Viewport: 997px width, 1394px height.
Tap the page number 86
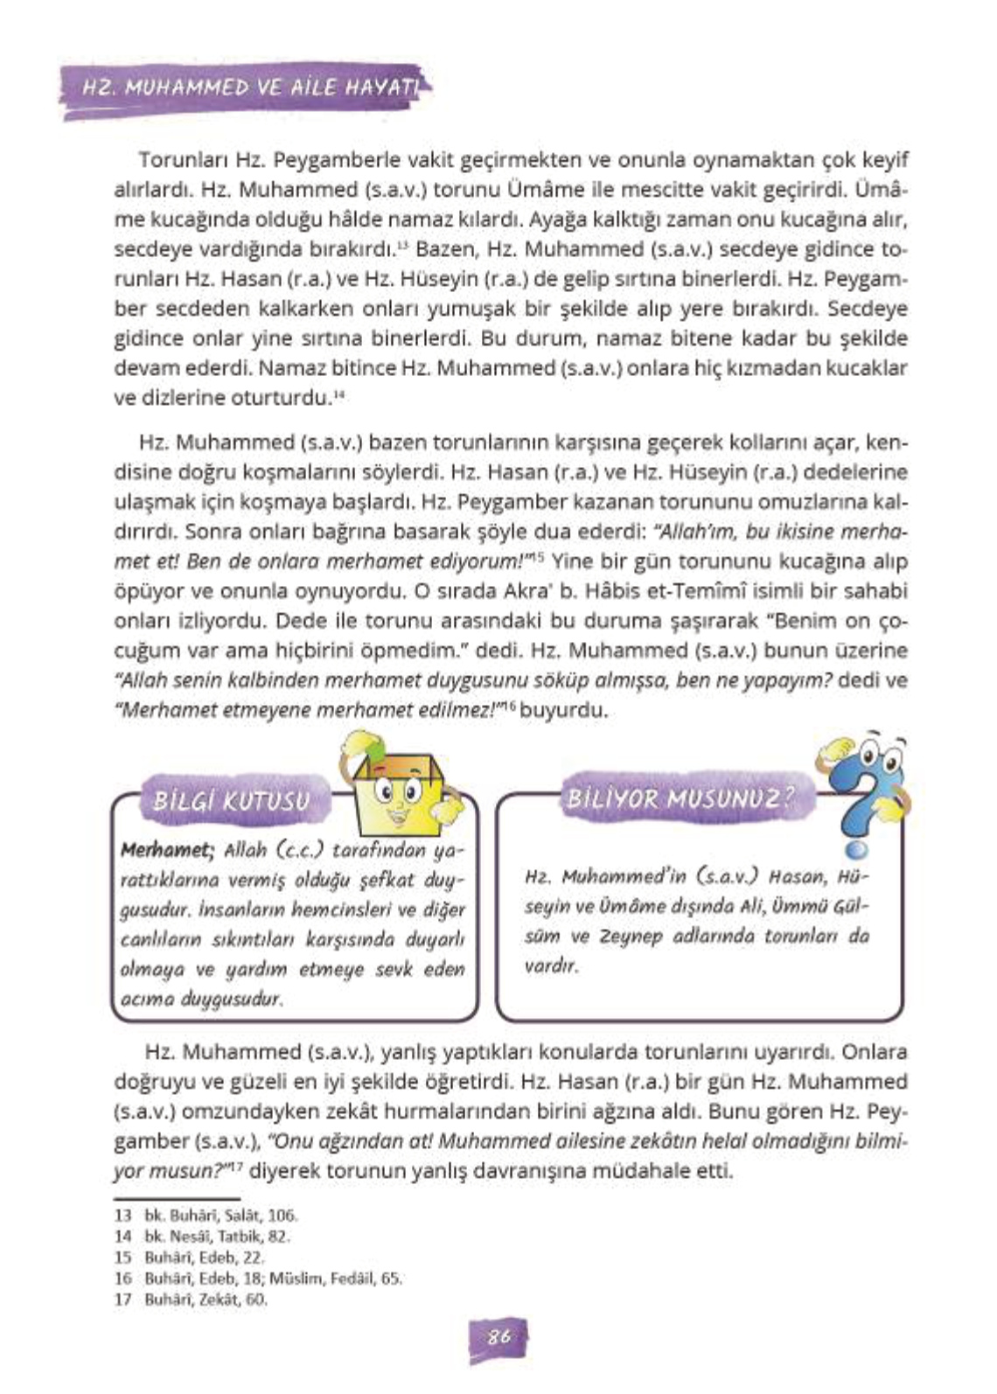point(499,1337)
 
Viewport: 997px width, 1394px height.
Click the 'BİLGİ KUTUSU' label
point(231,801)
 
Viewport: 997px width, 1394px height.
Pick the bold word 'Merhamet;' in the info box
point(167,850)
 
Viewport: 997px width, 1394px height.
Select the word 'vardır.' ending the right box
point(551,966)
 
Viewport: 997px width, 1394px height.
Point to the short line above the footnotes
point(177,1199)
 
